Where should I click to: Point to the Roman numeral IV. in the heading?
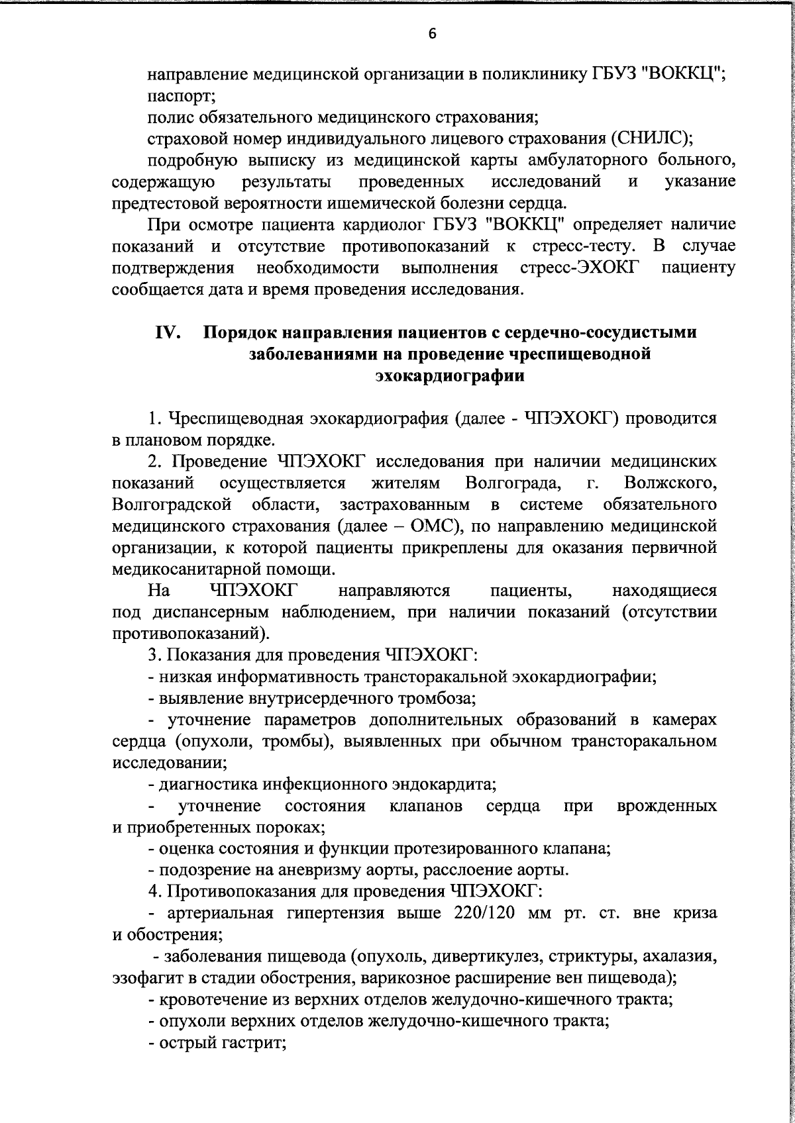click(168, 332)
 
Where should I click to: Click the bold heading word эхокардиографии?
click(450, 376)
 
